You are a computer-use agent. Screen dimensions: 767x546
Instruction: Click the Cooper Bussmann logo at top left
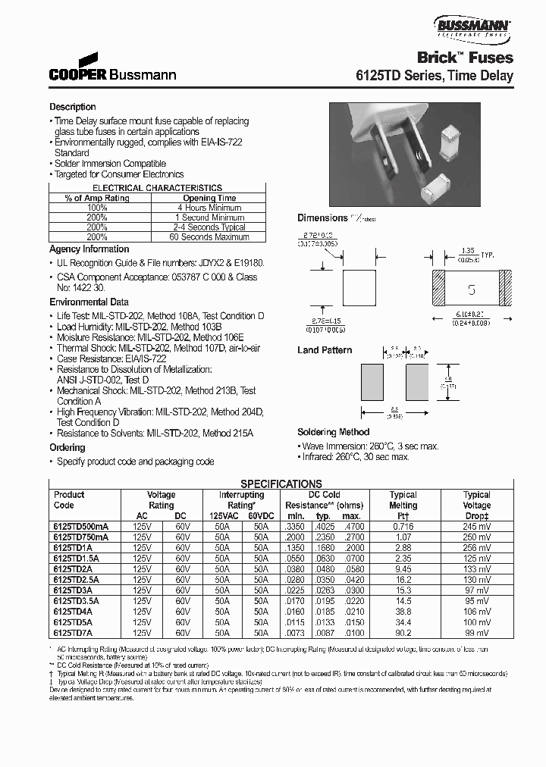click(x=112, y=68)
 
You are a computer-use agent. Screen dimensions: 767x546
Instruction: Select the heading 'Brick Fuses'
click(x=466, y=58)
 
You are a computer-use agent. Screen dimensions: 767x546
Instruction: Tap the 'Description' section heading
click(x=73, y=107)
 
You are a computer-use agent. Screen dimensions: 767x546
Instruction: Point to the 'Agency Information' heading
click(x=89, y=249)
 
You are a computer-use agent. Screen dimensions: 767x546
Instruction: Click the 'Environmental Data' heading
click(x=89, y=302)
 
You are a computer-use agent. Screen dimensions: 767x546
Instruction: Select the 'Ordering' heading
click(x=67, y=448)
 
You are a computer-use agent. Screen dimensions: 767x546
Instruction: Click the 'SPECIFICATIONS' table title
click(x=281, y=484)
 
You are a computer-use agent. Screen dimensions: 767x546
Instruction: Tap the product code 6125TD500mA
click(x=81, y=525)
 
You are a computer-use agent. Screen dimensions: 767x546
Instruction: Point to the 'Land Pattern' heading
click(x=325, y=350)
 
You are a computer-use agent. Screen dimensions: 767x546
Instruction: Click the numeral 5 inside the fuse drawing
click(x=471, y=290)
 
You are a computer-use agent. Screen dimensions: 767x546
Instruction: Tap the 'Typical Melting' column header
click(x=403, y=499)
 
